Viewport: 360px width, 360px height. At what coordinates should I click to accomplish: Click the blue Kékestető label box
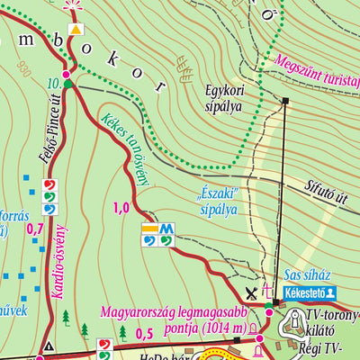pyautogui.click(x=308, y=293)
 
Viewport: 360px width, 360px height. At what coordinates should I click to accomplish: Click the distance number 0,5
pyautogui.click(x=143, y=334)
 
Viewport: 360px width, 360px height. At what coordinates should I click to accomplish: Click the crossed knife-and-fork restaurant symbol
pyautogui.click(x=251, y=292)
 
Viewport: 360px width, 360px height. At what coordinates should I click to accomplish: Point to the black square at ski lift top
pyautogui.click(x=285, y=100)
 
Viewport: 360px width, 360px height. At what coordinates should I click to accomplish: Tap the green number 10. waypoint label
pyautogui.click(x=52, y=83)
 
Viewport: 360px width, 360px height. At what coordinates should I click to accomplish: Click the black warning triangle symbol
pyautogui.click(x=48, y=346)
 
